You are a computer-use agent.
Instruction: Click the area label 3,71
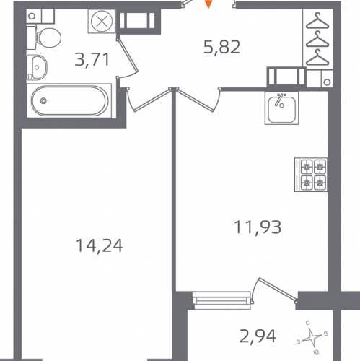pos(92,60)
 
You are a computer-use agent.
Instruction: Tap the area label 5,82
pos(221,47)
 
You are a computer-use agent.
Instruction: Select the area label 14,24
pos(100,245)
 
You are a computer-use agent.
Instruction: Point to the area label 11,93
pos(258,227)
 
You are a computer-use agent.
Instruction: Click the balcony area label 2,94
pos(258,336)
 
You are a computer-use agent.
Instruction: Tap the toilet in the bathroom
pos(44,38)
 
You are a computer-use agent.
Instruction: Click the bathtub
pos(69,100)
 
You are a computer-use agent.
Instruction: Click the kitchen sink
pos(281,108)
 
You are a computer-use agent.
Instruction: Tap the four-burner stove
pos(311,175)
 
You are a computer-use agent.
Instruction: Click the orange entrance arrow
pos(208,4)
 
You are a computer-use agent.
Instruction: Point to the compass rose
pos(312,336)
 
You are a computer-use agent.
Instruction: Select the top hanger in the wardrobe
pos(317,20)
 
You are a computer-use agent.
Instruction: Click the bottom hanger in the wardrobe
pos(317,57)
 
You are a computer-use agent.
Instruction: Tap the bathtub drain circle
pos(43,100)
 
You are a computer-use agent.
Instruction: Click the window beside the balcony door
pos(221,300)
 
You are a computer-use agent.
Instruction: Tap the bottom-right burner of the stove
pos(320,183)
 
